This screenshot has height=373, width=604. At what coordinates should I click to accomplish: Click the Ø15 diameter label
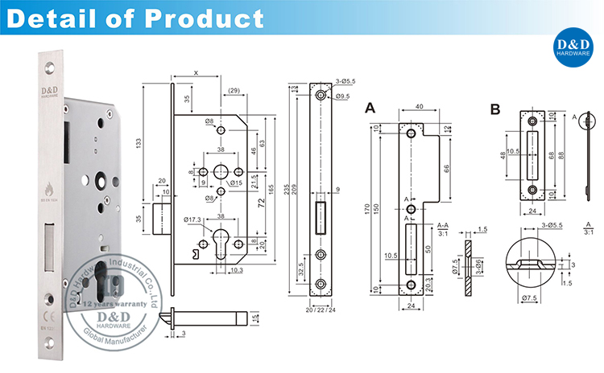(237, 184)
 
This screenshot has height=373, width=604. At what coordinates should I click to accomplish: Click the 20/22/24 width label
(321, 309)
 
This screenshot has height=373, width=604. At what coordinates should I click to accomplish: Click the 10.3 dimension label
(236, 271)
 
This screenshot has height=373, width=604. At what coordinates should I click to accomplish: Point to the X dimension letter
(196, 73)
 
